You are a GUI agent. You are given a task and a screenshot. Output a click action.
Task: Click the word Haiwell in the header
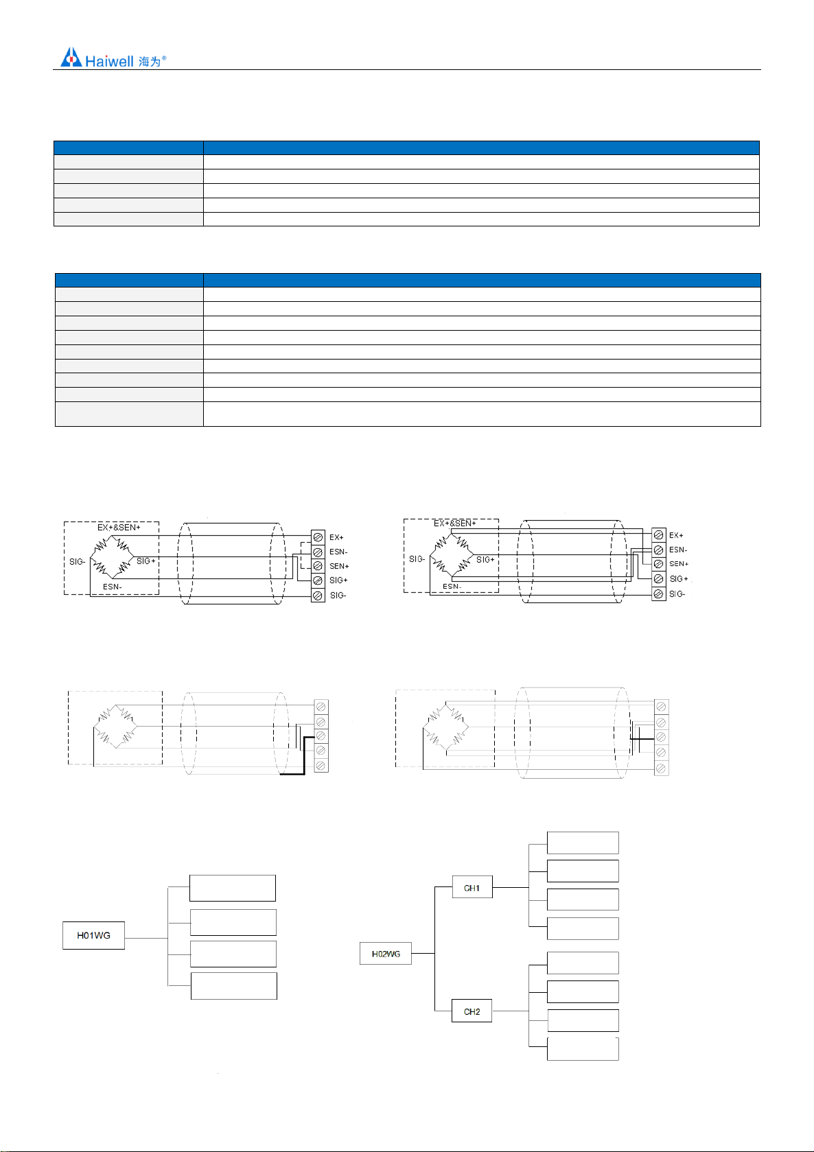pyautogui.click(x=109, y=61)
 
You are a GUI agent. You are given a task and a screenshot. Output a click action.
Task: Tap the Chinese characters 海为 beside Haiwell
pyautogui.click(x=149, y=62)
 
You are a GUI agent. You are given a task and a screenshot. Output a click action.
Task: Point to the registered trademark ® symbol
pyautogui.click(x=164, y=58)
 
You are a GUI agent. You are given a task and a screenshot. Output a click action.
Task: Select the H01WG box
pyautogui.click(x=93, y=935)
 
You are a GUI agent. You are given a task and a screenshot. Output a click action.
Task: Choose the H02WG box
pyautogui.click(x=386, y=954)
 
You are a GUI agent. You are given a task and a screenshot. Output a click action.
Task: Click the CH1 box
pyautogui.click(x=472, y=887)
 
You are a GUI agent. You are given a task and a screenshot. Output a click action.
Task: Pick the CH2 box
pyautogui.click(x=472, y=1011)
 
